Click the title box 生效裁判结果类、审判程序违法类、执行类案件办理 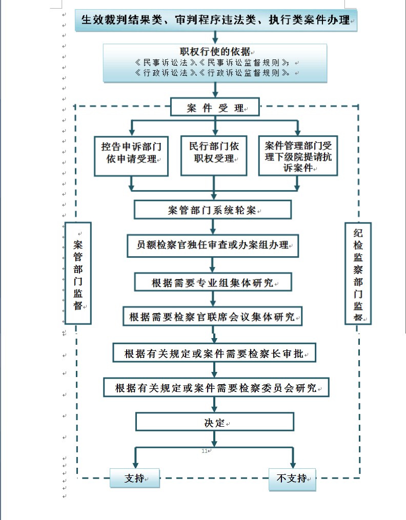pyautogui.click(x=216, y=21)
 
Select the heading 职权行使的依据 pyautogui.click(x=215, y=52)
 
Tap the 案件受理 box pyautogui.click(x=215, y=108)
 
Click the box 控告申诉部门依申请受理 pyautogui.click(x=132, y=153)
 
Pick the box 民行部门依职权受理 pyautogui.click(x=214, y=153)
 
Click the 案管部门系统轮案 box pyautogui.click(x=212, y=210)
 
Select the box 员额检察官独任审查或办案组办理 pyautogui.click(x=212, y=245)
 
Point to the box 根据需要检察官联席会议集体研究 pyautogui.click(x=212, y=317)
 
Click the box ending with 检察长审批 pyautogui.click(x=214, y=353)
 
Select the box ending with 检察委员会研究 pyautogui.click(x=215, y=387)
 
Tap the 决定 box pyautogui.click(x=214, y=423)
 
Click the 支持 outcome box pyautogui.click(x=135, y=479)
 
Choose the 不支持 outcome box pyautogui.click(x=292, y=479)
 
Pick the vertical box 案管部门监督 pyautogui.click(x=78, y=273)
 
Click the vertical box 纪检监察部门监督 pyautogui.click(x=358, y=273)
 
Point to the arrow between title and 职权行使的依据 pyautogui.click(x=215, y=37)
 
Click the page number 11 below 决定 pyautogui.click(x=205, y=451)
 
